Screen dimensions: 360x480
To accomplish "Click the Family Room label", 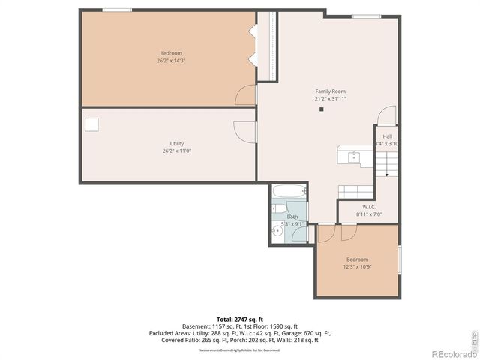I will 330,91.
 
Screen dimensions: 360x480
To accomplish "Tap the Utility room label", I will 177,144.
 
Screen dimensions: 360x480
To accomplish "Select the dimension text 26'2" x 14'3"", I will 171,60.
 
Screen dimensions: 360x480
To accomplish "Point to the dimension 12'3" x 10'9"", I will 357,266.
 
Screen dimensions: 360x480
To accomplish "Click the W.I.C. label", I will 368,207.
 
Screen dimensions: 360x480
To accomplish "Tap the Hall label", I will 387,136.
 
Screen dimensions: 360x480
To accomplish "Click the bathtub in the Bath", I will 288,192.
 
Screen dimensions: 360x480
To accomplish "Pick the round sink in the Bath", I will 277,232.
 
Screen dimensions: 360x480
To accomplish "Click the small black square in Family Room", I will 321,109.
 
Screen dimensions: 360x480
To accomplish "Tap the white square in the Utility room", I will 91,124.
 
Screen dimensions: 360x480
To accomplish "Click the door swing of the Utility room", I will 245,131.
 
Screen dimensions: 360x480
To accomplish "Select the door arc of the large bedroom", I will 245,95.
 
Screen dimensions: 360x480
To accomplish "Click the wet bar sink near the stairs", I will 354,156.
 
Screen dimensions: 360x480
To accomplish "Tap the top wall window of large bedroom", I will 118,10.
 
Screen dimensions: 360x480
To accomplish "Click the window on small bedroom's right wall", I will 399,259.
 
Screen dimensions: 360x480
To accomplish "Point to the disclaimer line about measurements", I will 239,349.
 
